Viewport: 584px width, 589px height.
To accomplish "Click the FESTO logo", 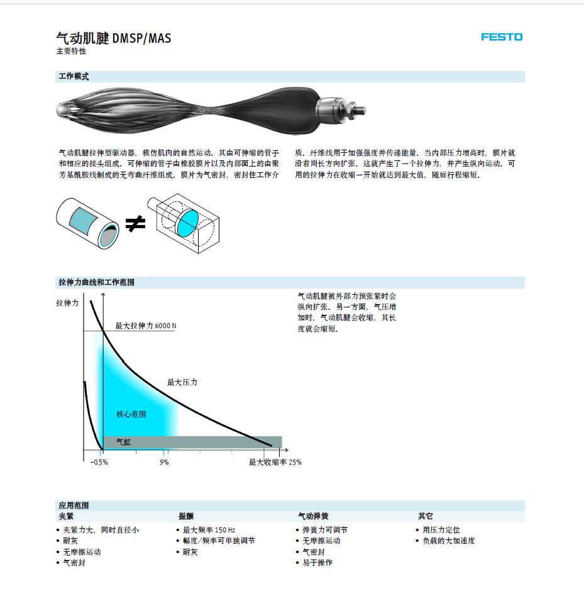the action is pos(502,37).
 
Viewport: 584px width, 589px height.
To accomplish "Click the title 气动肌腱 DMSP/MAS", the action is pos(113,38).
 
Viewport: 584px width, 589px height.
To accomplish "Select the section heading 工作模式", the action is pos(74,76).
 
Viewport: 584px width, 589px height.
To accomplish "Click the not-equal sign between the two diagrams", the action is pos(135,224).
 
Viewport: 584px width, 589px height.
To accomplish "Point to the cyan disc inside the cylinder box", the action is pos(187,224).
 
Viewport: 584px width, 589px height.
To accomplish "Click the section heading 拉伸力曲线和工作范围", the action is pos(97,282).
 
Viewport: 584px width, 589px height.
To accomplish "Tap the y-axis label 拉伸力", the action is pos(67,303).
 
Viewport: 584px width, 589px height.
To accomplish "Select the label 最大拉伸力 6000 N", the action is pos(146,326).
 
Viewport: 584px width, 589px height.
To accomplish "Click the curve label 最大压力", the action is pos(182,382).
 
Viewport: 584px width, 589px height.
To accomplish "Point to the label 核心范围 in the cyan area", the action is pos(131,414).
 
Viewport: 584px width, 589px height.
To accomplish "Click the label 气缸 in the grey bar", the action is pos(124,442).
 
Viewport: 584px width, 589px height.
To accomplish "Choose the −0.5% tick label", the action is pos(99,463).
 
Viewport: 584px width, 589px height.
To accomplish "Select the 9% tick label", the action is pos(164,463).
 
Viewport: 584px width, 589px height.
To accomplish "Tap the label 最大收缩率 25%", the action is pos(275,462).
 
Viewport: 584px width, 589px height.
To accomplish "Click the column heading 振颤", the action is pos(186,516).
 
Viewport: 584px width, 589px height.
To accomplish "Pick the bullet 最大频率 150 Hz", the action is pos(209,530).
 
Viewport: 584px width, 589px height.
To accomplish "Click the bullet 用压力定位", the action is pos(441,530).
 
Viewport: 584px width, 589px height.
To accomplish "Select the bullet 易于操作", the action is pos(317,563).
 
